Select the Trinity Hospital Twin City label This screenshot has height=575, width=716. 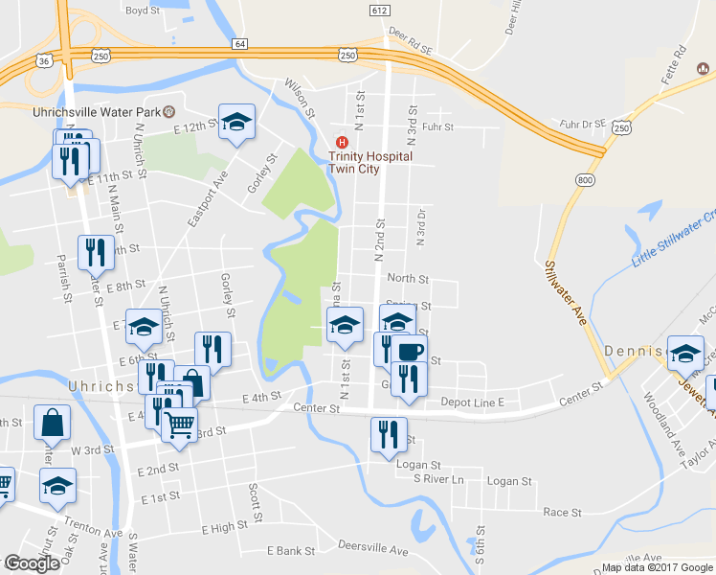tap(369, 162)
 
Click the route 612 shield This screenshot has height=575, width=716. tap(379, 9)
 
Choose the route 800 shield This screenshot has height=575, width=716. tap(583, 180)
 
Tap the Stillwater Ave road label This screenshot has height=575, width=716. tap(565, 292)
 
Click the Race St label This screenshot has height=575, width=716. tap(555, 513)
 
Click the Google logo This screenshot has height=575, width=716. tap(32, 563)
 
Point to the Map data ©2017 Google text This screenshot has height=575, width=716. tap(657, 567)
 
